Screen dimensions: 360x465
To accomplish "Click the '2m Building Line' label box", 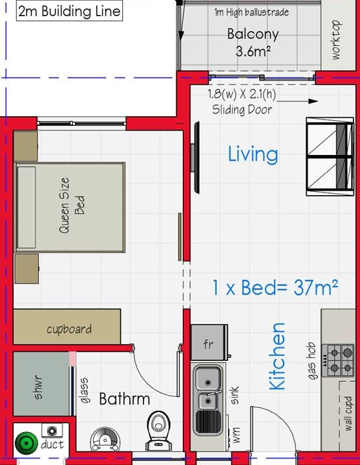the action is point(69,11).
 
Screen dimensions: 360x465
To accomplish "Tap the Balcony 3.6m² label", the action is point(253,43).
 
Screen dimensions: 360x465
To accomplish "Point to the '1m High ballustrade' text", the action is point(251,12).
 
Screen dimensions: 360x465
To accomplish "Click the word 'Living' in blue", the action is point(253,154).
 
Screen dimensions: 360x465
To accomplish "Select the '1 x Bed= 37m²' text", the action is point(275,287).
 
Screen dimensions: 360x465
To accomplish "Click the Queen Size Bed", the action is point(69,207).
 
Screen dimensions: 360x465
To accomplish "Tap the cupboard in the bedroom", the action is point(67,327).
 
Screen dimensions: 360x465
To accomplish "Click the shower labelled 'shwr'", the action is point(41,384).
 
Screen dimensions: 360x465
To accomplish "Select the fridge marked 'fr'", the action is point(209,342).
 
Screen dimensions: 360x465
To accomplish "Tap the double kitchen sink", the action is point(208,399).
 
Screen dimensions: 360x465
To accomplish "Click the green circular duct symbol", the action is point(26,443).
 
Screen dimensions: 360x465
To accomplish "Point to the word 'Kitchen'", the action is point(277,356).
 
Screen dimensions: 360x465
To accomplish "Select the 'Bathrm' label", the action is point(125,399).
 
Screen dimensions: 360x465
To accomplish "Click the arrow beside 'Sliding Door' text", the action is point(297,101).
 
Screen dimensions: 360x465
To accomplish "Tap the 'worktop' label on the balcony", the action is point(335,40).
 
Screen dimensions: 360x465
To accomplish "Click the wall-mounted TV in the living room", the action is point(196,158).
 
